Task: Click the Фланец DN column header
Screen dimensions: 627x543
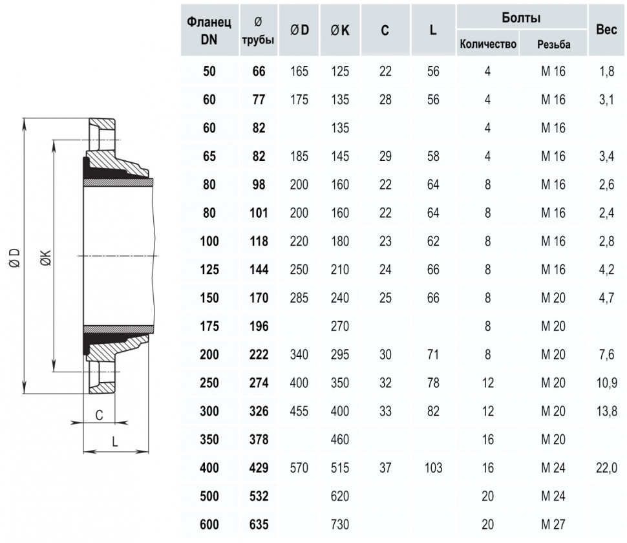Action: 209,30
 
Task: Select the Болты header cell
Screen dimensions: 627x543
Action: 521,17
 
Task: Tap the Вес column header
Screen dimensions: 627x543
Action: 606,29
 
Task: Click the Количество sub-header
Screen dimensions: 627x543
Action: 488,44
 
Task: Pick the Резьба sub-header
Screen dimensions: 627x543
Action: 553,44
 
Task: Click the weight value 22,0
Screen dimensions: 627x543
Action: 606,467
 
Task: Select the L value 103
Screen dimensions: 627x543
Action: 433,467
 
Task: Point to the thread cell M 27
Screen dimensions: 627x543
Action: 553,524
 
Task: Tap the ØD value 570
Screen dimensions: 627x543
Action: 299,467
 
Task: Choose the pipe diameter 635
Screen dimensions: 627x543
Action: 259,524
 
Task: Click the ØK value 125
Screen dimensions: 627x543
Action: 340,71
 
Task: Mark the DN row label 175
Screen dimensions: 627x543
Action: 209,326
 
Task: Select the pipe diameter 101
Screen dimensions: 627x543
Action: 259,213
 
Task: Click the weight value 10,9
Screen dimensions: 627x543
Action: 606,383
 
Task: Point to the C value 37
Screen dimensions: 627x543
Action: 385,467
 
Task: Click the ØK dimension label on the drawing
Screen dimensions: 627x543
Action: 46,259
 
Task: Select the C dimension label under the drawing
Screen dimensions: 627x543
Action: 99,415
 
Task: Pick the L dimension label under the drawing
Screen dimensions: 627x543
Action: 115,442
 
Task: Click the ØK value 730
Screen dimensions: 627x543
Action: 340,524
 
